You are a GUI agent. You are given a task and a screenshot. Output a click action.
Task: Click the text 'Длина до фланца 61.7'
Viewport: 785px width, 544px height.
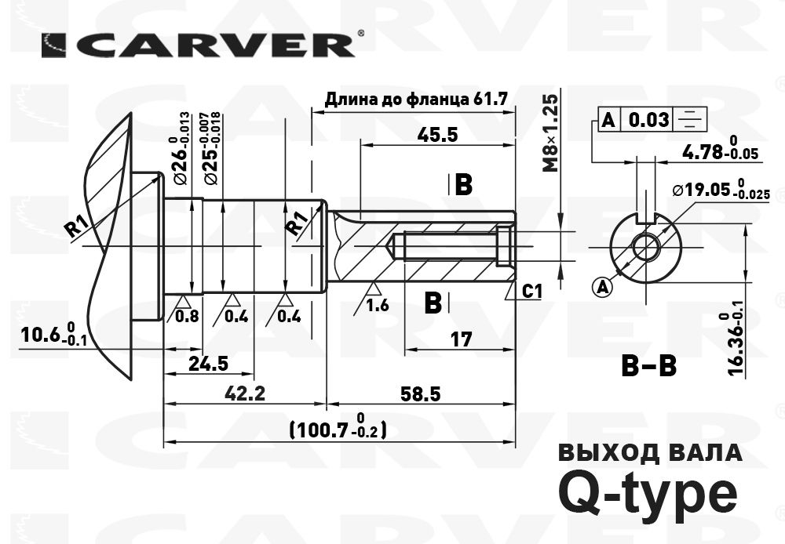(417, 100)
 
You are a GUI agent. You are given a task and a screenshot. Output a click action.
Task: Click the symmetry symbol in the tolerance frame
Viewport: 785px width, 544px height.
(692, 120)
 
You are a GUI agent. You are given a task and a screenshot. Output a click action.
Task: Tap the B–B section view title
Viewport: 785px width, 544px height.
(648, 366)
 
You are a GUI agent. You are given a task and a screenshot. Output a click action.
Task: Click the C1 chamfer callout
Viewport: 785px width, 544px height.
(532, 292)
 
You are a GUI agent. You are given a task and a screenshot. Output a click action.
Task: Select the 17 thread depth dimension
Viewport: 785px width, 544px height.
(462, 340)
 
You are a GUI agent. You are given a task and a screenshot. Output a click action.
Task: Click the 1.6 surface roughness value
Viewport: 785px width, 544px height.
(378, 306)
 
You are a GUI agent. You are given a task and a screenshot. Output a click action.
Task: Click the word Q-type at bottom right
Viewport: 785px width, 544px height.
(647, 491)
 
